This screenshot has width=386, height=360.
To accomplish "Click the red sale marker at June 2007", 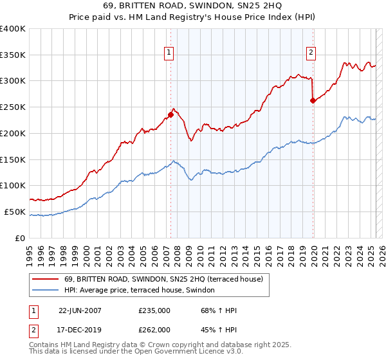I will point(171,115).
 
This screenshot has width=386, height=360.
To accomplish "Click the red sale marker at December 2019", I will point(313,100).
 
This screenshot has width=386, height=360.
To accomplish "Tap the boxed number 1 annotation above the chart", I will point(169,53).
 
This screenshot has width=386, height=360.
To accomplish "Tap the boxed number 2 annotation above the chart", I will point(311,53).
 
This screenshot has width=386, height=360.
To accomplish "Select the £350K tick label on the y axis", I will point(13,55).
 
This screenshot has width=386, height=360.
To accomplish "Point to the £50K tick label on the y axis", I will point(15,212).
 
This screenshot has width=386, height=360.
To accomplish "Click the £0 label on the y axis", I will point(21,238).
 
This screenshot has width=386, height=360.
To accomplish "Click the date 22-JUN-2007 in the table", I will point(80,310).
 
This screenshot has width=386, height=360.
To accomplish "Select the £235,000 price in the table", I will point(154,310).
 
